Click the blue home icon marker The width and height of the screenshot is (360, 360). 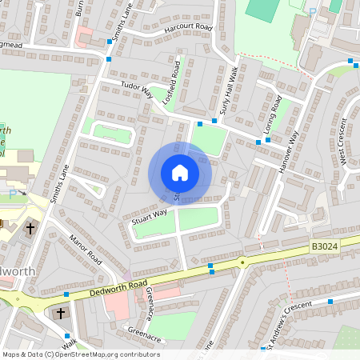[x=179, y=173]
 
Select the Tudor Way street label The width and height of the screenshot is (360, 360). [x=136, y=88]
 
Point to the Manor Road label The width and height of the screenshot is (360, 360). [x=86, y=250]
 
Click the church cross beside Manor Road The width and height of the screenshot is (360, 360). [x=30, y=229]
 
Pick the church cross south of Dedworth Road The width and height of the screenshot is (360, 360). [x=62, y=313]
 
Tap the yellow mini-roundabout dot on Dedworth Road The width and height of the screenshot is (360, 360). [x=242, y=262]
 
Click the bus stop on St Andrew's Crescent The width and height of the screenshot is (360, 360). [x=330, y=302]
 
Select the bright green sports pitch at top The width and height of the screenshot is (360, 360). [x=260, y=9]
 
